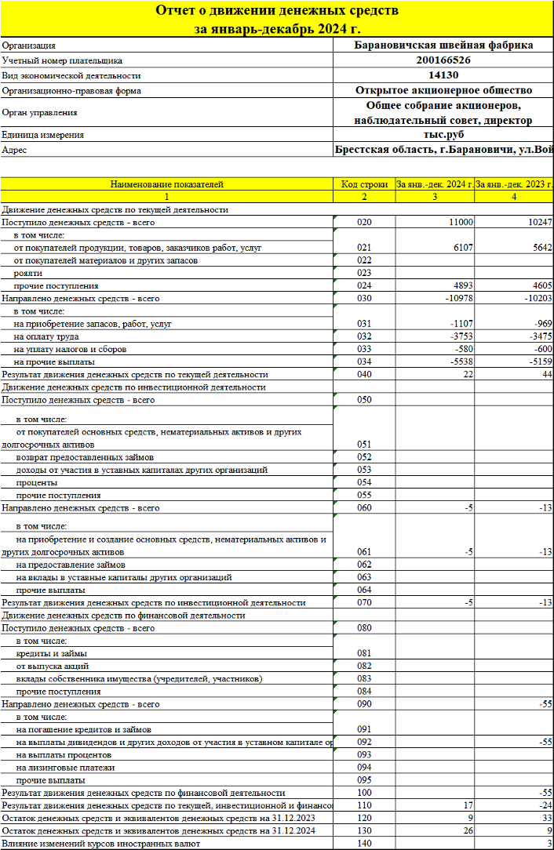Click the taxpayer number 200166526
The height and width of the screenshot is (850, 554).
click(443, 60)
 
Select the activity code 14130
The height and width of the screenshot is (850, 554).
click(443, 75)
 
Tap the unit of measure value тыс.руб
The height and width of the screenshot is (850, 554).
click(443, 134)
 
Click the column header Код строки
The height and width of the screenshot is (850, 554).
click(364, 184)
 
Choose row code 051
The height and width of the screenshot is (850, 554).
click(364, 445)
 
